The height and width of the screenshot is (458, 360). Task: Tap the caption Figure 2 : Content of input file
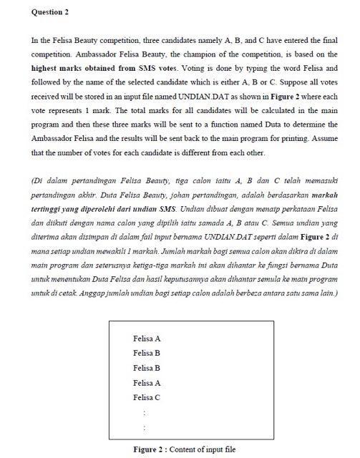tap(185, 449)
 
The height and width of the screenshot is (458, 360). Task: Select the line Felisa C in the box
tap(147, 397)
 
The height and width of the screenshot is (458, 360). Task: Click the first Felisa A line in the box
tap(147, 338)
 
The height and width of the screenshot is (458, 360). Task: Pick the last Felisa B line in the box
tap(147, 368)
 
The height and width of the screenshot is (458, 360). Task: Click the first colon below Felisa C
tap(145, 412)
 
